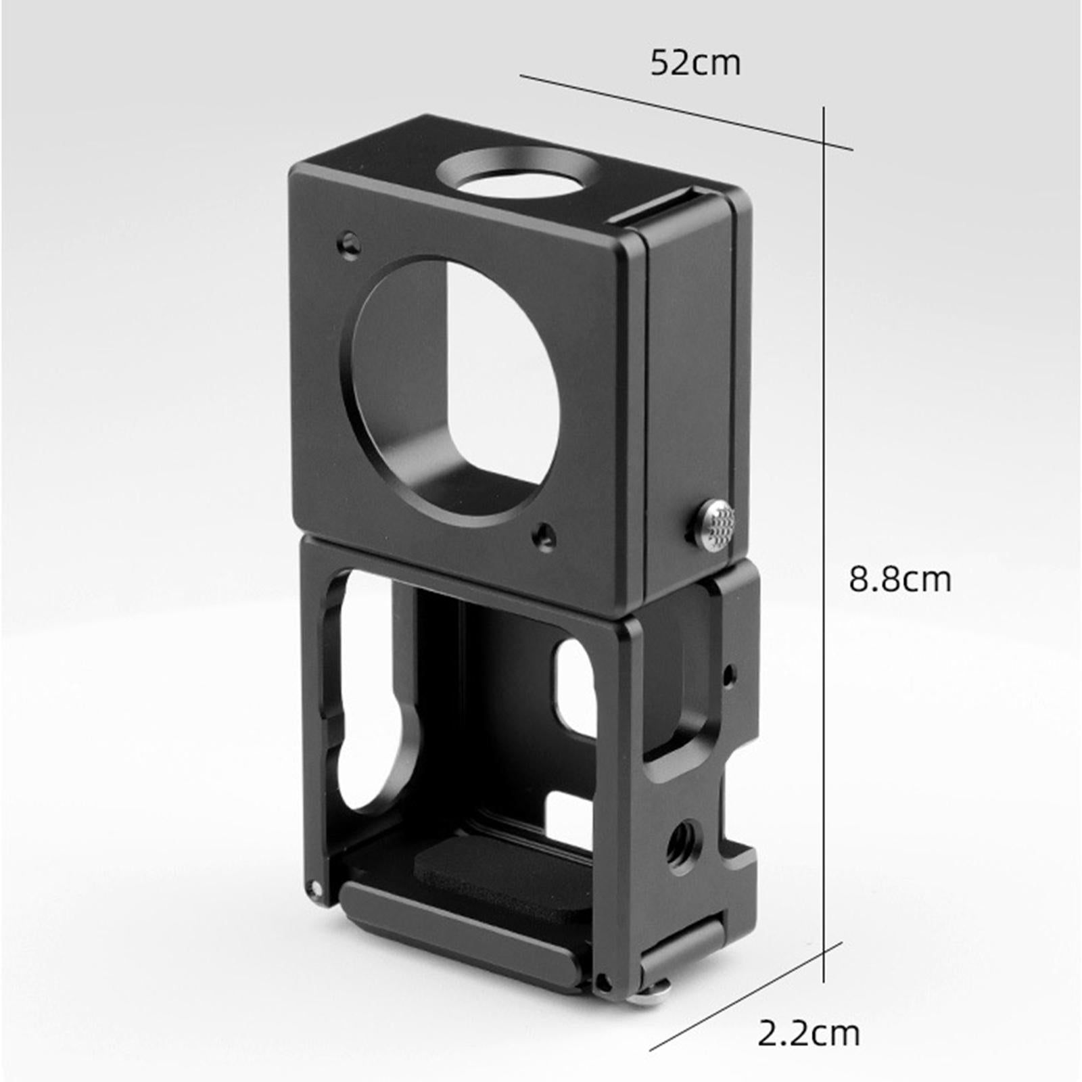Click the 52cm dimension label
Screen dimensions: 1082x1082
[695, 63]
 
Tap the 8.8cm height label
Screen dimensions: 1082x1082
[900, 580]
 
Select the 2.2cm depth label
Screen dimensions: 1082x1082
[808, 1033]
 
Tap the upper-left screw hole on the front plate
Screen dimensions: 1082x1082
[350, 242]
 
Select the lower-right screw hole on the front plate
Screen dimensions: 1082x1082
[543, 536]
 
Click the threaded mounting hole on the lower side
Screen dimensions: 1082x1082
[684, 841]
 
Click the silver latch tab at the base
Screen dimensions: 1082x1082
[655, 991]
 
